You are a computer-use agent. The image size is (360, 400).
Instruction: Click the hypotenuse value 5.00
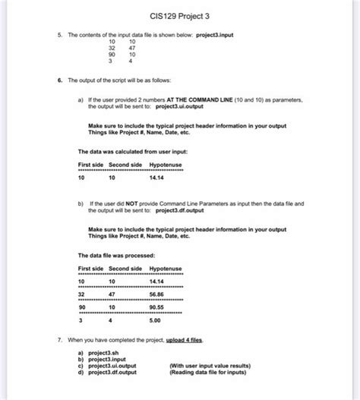point(156,320)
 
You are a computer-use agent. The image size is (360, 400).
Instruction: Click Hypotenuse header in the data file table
point(165,269)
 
